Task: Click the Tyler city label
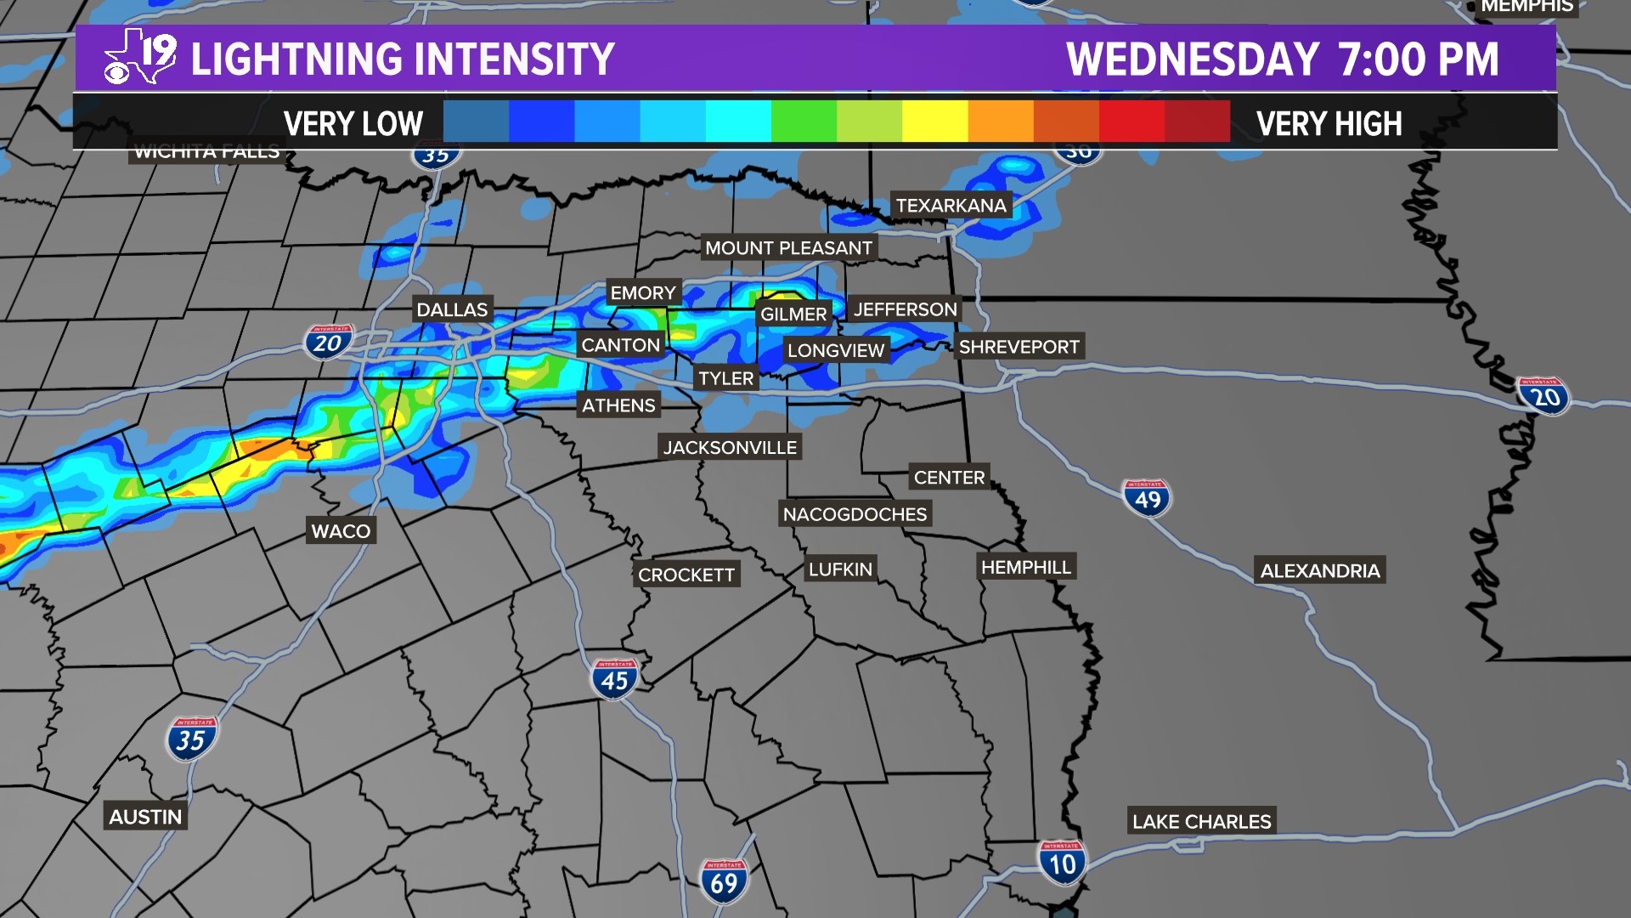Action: [726, 378]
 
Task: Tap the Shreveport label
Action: [1019, 347]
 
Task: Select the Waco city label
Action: [341, 531]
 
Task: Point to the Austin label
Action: [145, 817]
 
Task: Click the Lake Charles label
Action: [1201, 822]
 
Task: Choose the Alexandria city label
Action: [1320, 571]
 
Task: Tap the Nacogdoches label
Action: [855, 514]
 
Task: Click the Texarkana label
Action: [951, 206]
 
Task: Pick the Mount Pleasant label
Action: [788, 248]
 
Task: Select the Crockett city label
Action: [686, 575]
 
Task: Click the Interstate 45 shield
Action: [614, 679]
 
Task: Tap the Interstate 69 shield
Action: [724, 882]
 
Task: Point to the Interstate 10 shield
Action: [1062, 863]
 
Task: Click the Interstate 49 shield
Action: [1147, 498]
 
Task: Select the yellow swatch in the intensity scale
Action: [934, 122]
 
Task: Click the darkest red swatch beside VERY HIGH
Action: [1197, 122]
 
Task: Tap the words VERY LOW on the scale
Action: [353, 124]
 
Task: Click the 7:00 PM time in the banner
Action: [1418, 59]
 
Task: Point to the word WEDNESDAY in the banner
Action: [1193, 59]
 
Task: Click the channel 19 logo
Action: [140, 57]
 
